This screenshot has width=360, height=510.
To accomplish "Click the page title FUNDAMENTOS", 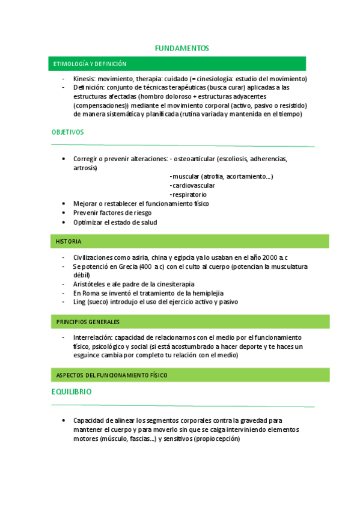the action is coord(182,48).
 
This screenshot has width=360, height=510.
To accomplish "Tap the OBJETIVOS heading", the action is coord(67,132).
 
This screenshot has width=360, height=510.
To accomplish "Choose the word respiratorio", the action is coord(189,194).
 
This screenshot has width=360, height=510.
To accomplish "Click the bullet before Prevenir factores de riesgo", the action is coord(64,213).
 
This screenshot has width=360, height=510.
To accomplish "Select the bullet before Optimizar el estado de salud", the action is coord(64,223).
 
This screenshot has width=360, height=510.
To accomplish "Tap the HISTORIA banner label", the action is coord(69,242).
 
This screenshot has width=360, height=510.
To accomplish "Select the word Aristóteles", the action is coord(92,284).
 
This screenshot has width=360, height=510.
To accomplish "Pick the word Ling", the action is coord(79,302).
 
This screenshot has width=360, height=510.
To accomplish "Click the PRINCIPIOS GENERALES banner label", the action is coord(88,322).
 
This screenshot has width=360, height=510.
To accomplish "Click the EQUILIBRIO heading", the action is coord(72,392).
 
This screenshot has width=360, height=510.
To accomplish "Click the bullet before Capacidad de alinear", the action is coord(64,420).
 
